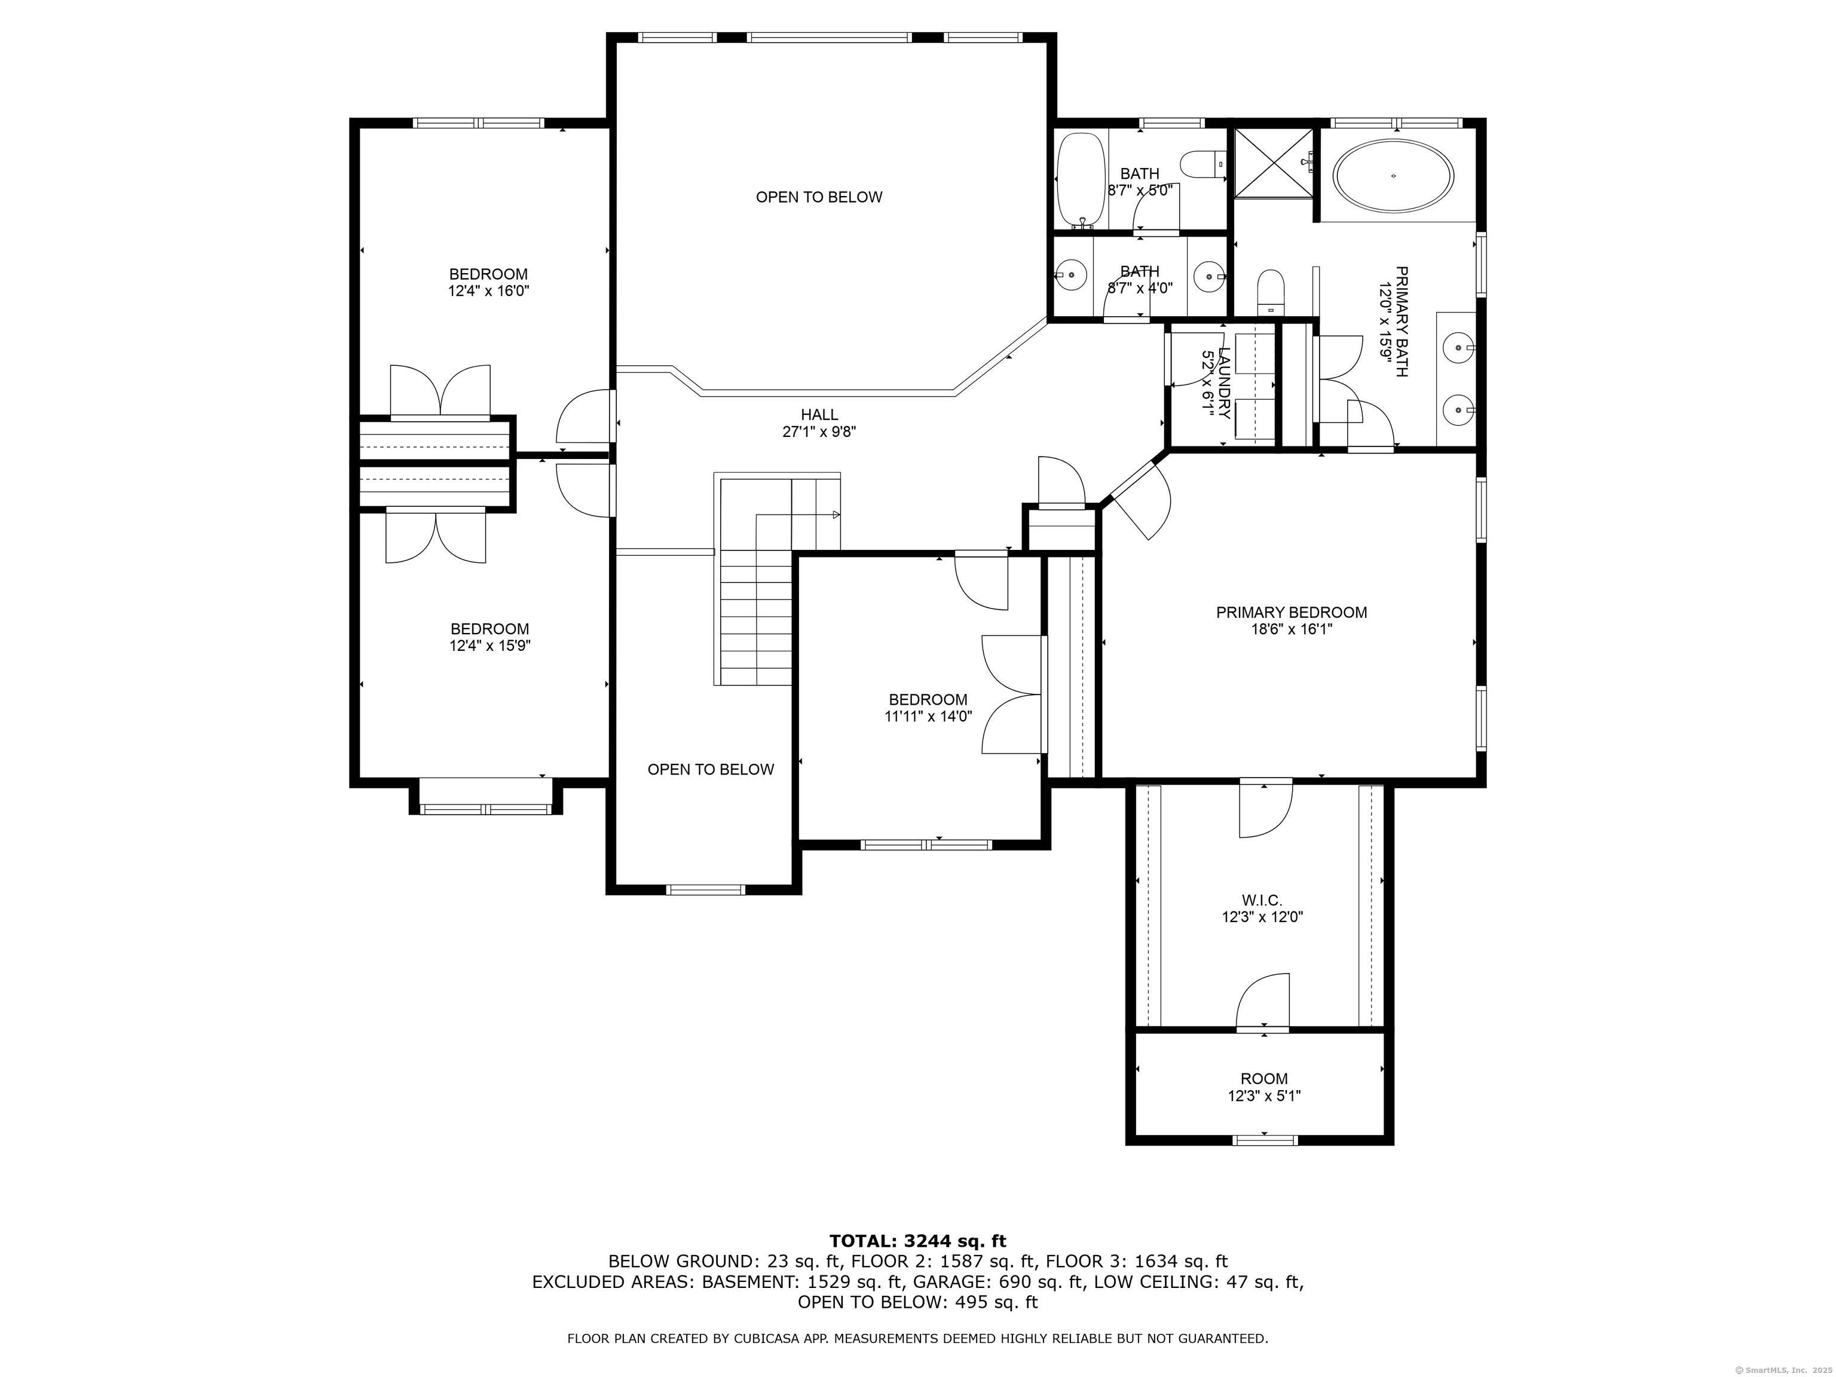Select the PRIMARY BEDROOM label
click(1292, 613)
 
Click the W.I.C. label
click(1262, 899)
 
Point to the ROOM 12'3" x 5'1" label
click(1264, 1087)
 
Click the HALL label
click(819, 415)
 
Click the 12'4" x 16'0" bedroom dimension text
click(489, 291)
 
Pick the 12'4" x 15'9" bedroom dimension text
click(489, 645)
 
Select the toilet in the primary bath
click(1271, 291)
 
